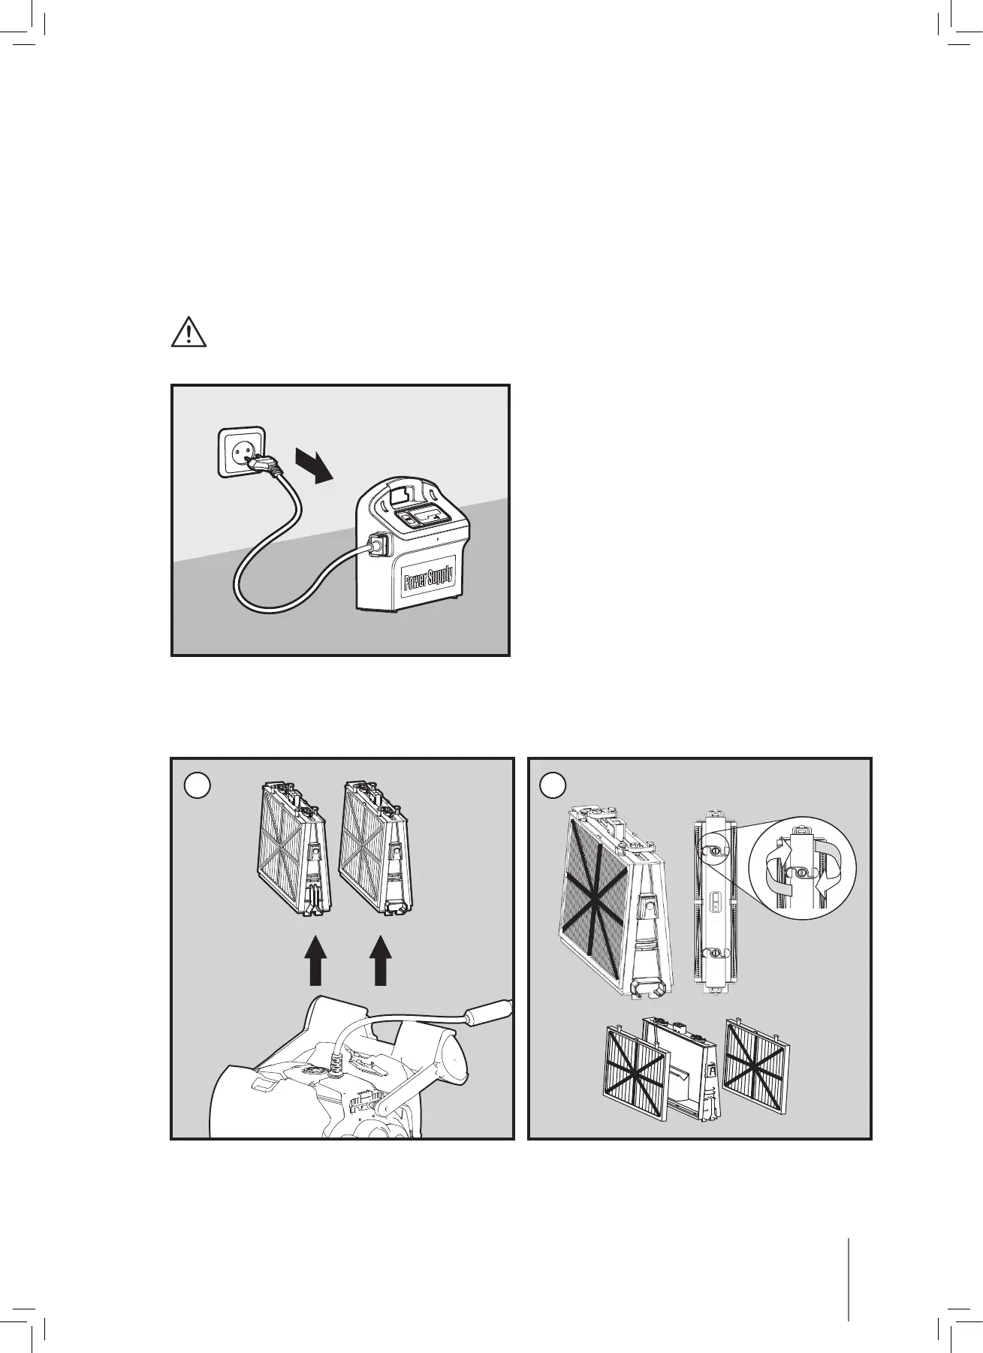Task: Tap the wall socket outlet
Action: (x=242, y=450)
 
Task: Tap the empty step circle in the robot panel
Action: (x=197, y=785)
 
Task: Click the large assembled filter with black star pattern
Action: (x=614, y=902)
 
